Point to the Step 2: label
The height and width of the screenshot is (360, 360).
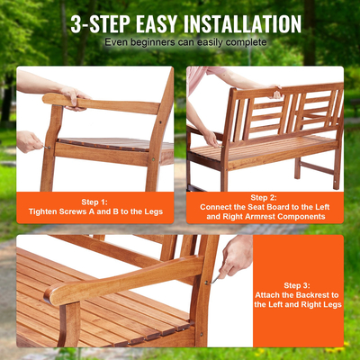click(264, 196)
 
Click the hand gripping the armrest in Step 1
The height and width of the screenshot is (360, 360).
click(72, 94)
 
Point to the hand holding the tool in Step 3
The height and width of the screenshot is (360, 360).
click(235, 256)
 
